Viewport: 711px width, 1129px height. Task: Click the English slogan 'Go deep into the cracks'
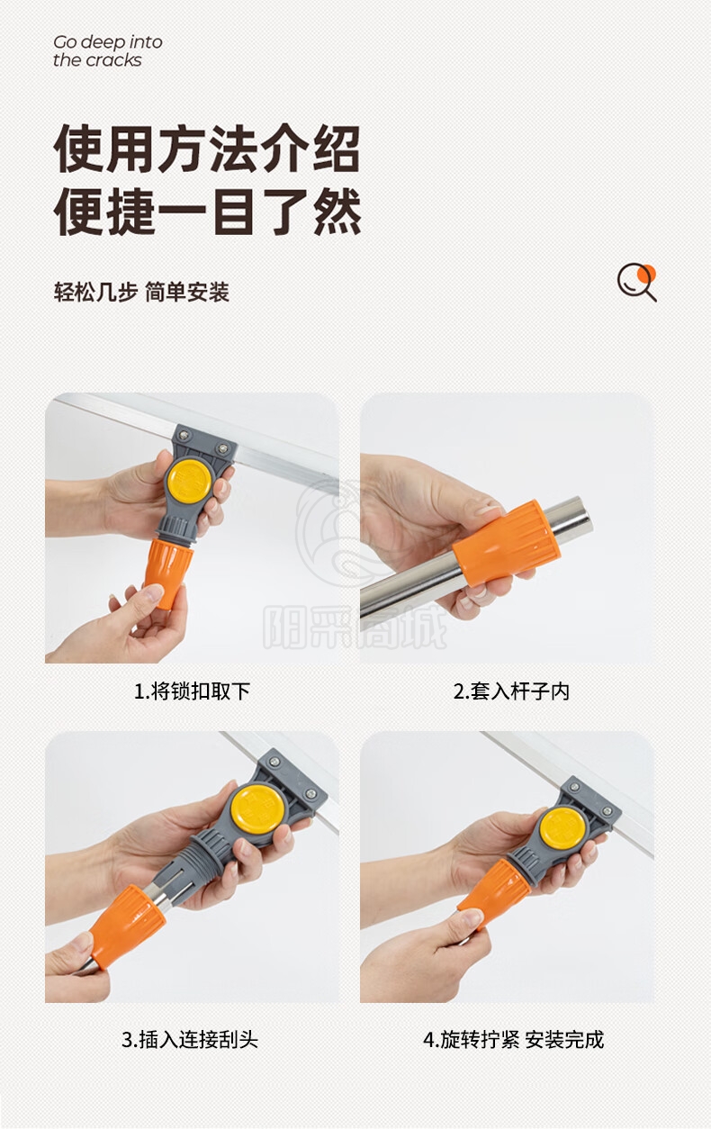click(108, 51)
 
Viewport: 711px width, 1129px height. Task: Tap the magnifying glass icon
click(637, 283)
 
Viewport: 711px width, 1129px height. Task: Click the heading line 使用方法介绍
click(207, 149)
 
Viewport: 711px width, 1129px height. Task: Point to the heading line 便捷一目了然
click(207, 212)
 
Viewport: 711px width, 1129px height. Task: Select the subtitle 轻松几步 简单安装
click(141, 293)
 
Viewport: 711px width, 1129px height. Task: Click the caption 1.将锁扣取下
click(192, 691)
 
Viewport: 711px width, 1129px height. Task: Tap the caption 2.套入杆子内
click(511, 691)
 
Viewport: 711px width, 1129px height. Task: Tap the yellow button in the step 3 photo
click(258, 809)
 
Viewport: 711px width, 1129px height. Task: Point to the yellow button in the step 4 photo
click(562, 827)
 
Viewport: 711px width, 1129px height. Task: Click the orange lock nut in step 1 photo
click(167, 574)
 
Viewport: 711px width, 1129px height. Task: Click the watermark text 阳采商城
click(355, 628)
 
